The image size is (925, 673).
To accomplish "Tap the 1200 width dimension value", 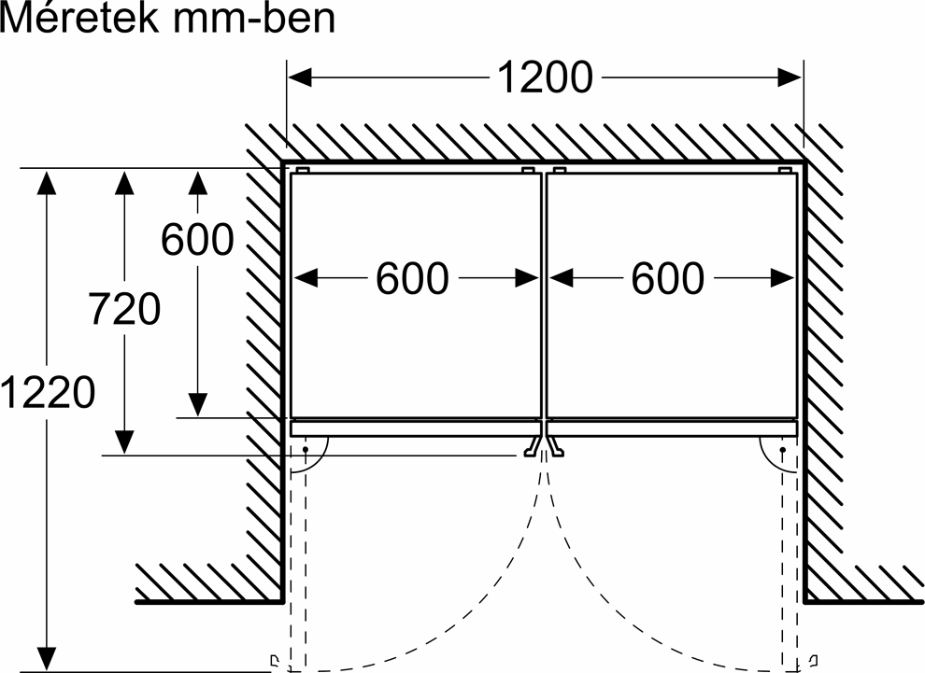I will (544, 78).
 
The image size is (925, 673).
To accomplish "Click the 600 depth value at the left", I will (197, 241).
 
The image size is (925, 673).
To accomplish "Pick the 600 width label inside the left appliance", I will (412, 278).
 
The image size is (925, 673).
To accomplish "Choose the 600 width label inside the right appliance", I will (667, 278).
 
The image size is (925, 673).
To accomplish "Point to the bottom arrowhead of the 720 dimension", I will (122, 442).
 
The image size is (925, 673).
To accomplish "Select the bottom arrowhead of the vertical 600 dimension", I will (197, 404).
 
